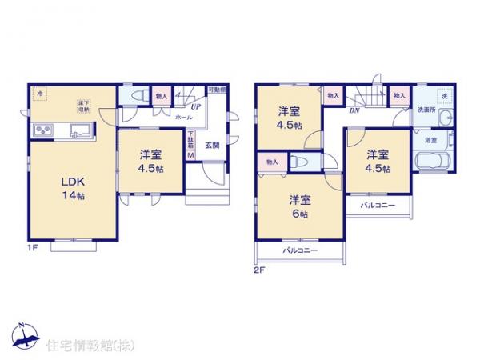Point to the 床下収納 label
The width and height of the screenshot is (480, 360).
pyautogui.click(x=82, y=105)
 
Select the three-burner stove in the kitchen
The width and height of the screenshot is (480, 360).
pyautogui.click(x=42, y=131)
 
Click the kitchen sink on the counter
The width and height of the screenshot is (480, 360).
pyautogui.click(x=81, y=130)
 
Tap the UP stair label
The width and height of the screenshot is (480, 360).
pyautogui.click(x=195, y=104)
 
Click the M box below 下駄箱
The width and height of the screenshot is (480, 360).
pyautogui.click(x=190, y=155)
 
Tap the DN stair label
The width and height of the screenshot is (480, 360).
pyautogui.click(x=353, y=111)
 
